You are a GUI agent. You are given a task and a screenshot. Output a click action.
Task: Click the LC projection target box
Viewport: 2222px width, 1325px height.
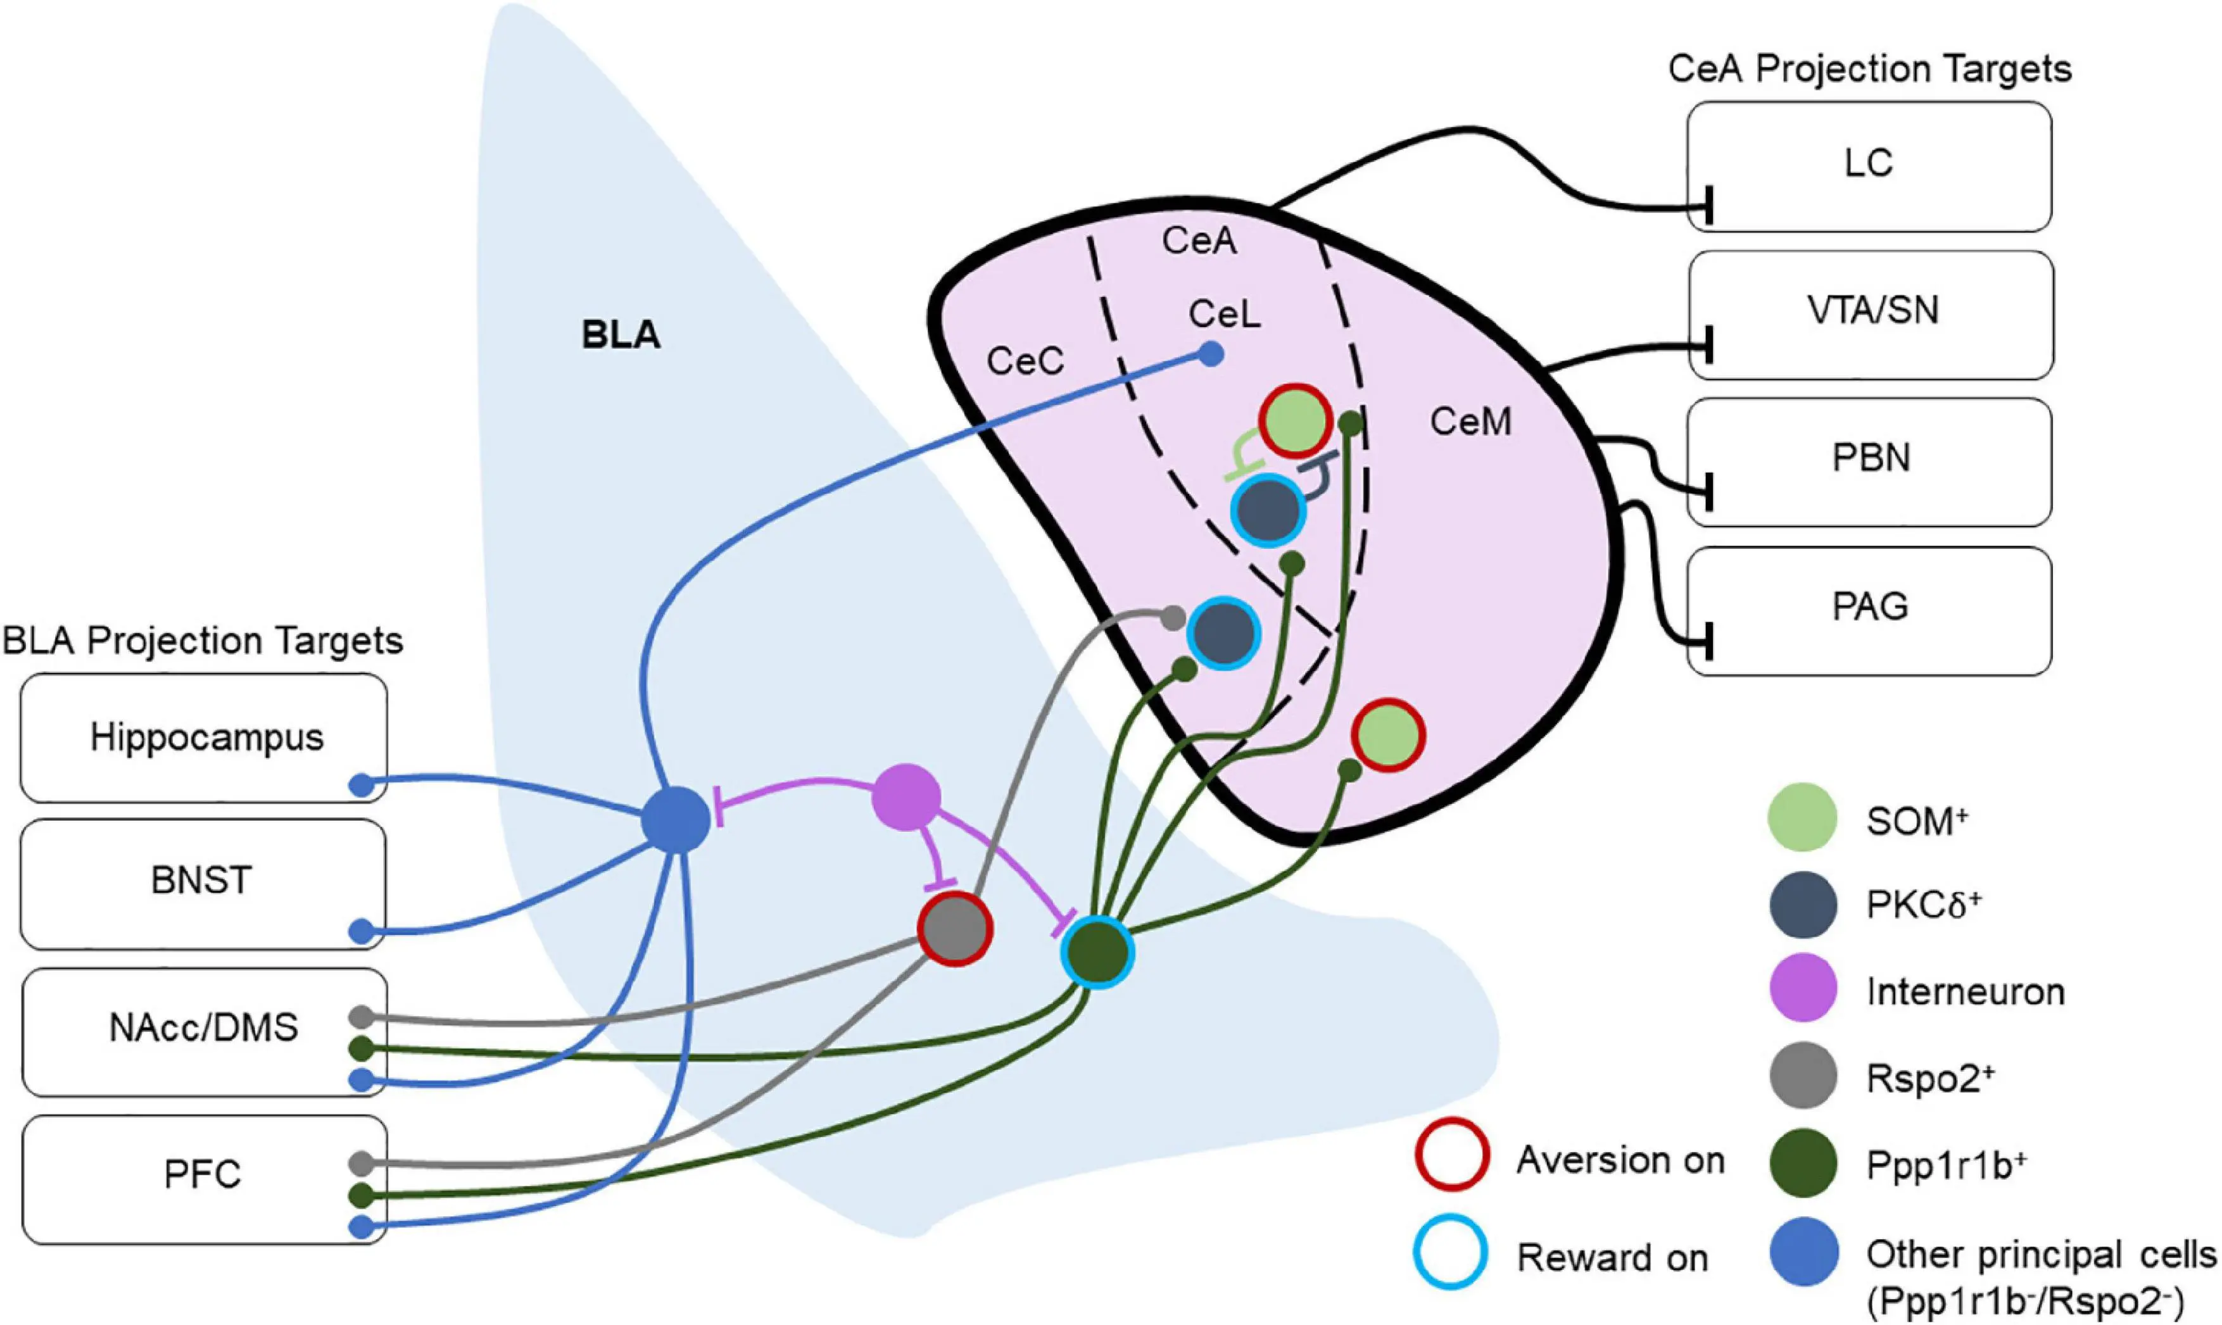pos(1868,166)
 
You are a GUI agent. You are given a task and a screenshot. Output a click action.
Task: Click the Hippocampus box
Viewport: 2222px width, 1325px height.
pos(205,738)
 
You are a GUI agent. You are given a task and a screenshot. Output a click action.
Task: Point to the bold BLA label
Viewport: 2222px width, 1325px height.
pos(621,336)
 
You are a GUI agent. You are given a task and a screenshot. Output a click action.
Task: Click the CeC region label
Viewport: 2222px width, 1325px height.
pos(1025,361)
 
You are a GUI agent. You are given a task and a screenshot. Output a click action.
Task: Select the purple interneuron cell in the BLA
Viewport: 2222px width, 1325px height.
pos(906,797)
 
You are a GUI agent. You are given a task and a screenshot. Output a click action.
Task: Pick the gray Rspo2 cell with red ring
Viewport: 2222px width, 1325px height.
pos(955,929)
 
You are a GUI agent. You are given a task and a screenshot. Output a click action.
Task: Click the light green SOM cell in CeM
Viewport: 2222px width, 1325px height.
pos(1387,736)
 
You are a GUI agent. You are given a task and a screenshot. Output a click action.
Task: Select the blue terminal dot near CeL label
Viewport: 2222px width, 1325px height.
pos(1209,355)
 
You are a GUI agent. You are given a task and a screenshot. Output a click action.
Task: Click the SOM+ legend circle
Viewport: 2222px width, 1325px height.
pos(1802,817)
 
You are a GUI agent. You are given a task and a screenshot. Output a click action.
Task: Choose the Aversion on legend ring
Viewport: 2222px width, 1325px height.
pos(1451,1155)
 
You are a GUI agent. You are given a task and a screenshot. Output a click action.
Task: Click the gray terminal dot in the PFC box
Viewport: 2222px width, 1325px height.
pos(361,1164)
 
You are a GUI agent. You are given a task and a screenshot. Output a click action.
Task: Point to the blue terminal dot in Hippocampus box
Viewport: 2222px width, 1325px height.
pos(361,786)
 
